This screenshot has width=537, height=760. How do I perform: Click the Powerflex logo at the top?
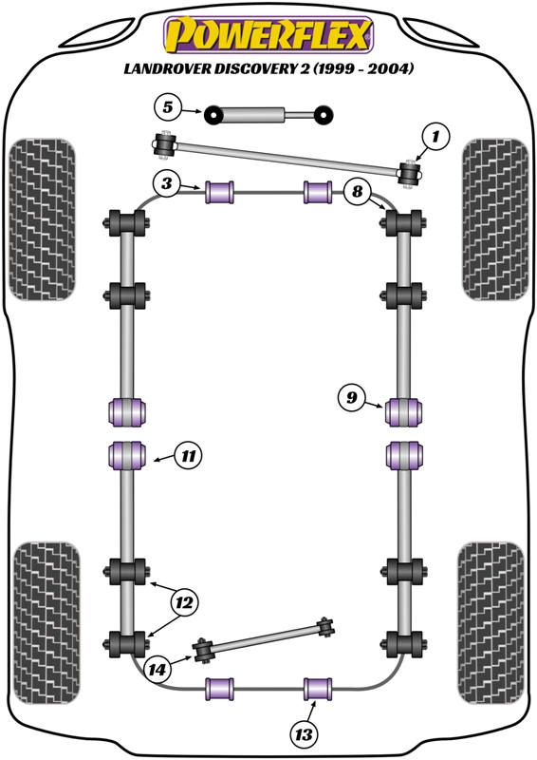click(x=268, y=36)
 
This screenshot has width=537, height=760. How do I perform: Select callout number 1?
click(x=435, y=139)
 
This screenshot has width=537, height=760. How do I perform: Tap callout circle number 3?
click(x=166, y=184)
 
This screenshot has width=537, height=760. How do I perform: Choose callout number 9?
click(x=350, y=399)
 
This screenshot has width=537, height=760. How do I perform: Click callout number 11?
click(x=189, y=457)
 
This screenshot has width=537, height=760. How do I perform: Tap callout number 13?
click(x=305, y=733)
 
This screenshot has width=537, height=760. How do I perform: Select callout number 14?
click(x=158, y=670)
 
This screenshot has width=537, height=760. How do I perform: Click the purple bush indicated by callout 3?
click(x=221, y=191)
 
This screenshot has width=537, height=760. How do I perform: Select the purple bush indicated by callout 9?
click(x=403, y=413)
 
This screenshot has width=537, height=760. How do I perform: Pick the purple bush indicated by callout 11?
click(x=127, y=455)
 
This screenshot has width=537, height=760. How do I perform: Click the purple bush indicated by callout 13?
click(x=317, y=686)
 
